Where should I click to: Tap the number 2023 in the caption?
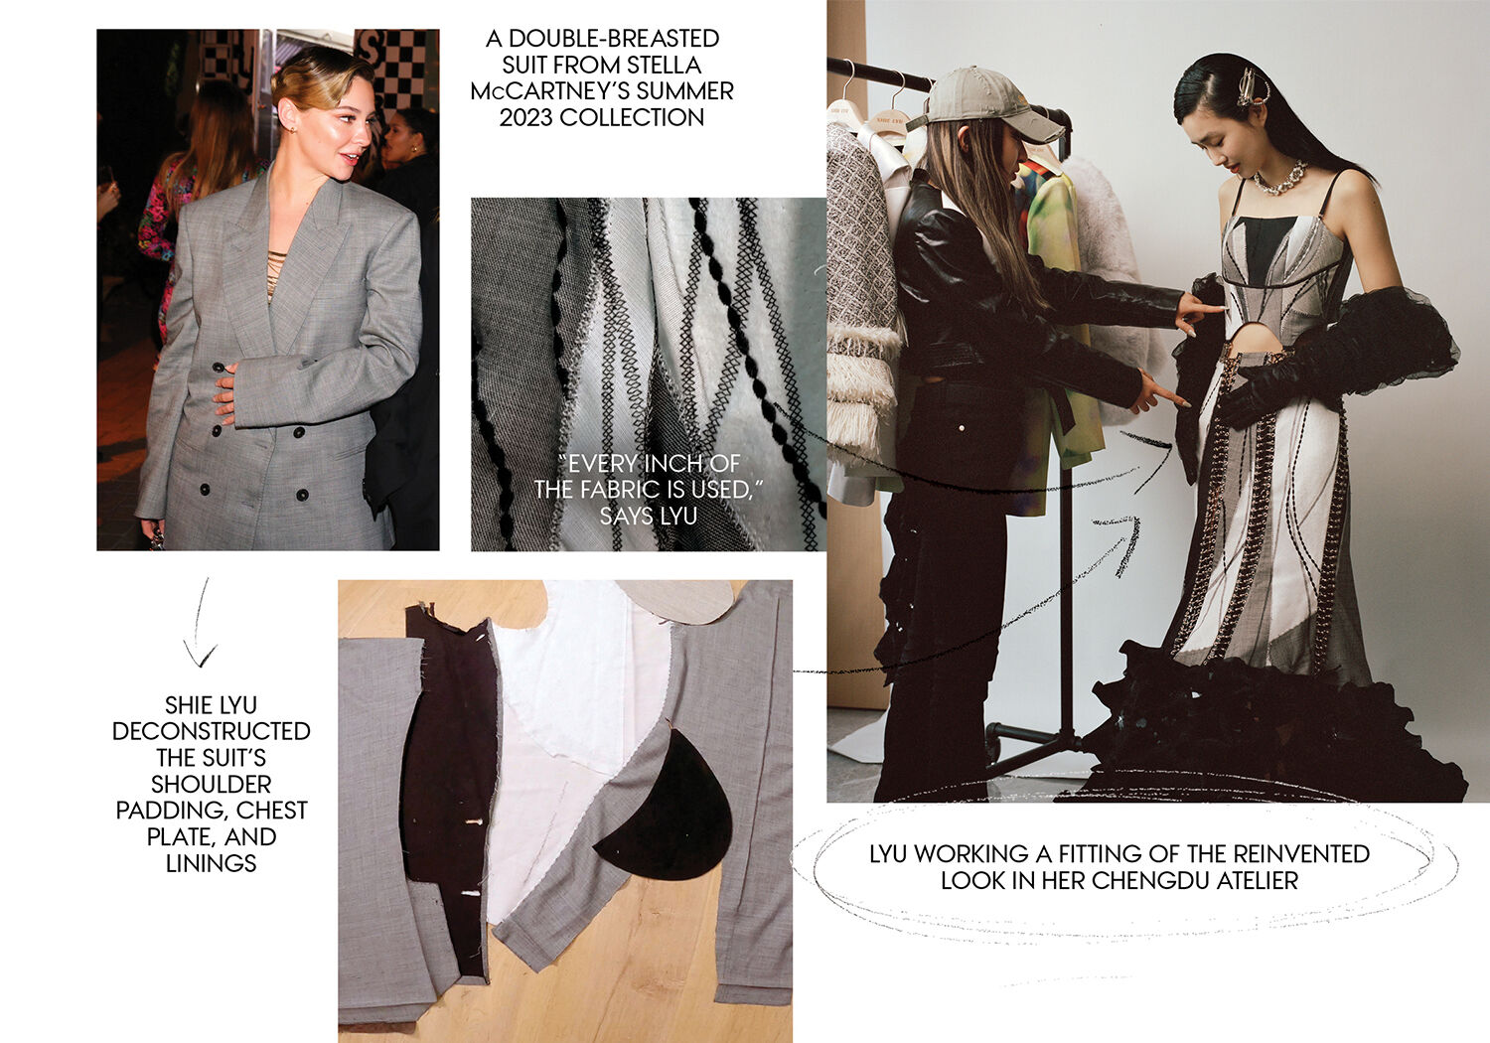526,118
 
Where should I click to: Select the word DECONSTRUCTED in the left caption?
211,731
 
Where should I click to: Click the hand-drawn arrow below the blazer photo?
200,622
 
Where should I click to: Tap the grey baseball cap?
984,103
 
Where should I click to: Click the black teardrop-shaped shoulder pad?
666,809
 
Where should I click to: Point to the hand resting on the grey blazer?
224,392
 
